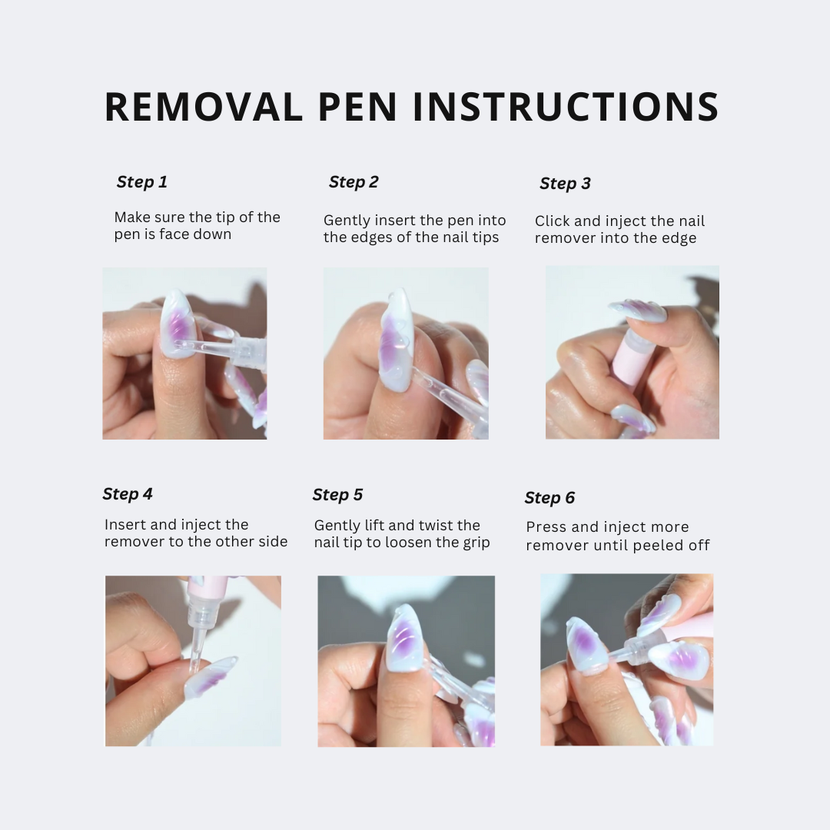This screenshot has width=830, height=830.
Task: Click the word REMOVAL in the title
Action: pyautogui.click(x=204, y=107)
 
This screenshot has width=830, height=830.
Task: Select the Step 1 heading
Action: pyautogui.click(x=141, y=182)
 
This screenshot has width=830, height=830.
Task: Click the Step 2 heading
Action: pyautogui.click(x=354, y=182)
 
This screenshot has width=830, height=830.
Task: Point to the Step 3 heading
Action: pyautogui.click(x=565, y=184)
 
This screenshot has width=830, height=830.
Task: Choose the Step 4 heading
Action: pyautogui.click(x=128, y=494)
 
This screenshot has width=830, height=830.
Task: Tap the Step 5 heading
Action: pyautogui.click(x=337, y=495)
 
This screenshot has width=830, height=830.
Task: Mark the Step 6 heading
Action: pyautogui.click(x=549, y=498)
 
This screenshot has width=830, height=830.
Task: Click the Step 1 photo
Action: pyautogui.click(x=184, y=354)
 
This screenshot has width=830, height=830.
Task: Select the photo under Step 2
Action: pyautogui.click(x=406, y=354)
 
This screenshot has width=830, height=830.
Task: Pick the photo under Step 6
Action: pyautogui.click(x=626, y=659)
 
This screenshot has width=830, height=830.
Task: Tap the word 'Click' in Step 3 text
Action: pyautogui.click(x=553, y=221)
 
